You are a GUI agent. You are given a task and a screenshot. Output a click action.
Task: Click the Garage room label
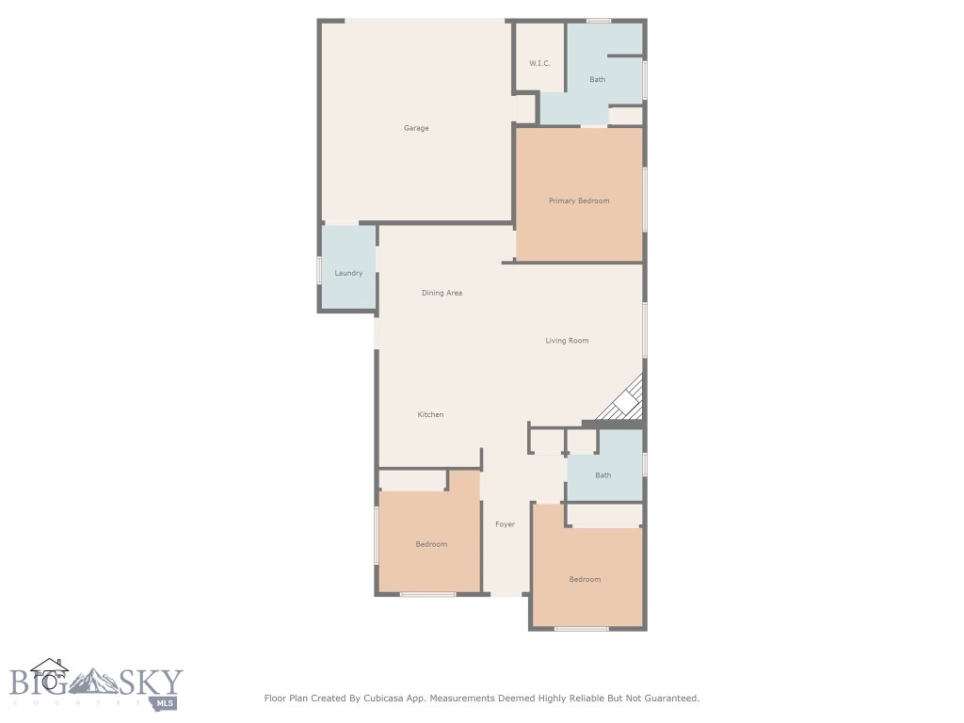416,128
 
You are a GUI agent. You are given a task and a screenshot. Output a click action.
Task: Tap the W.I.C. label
539,63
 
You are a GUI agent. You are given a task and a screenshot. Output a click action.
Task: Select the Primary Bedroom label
579,201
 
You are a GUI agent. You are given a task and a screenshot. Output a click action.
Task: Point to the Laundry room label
348,273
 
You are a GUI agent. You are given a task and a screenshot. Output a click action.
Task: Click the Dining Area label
442,293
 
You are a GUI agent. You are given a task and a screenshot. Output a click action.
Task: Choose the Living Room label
567,341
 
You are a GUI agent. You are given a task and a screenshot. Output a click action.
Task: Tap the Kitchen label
430,414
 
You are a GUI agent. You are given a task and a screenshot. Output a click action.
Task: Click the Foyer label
506,524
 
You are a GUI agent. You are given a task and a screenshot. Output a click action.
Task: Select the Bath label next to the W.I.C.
598,79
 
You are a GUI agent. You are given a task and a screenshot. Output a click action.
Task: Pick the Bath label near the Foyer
603,475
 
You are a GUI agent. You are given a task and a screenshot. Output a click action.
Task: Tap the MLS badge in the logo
165,702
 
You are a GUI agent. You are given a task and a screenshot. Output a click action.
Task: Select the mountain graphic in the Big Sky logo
93,682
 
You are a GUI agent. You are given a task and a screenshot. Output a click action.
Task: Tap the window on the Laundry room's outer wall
319,270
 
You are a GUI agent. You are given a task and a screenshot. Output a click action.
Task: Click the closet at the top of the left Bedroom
412,481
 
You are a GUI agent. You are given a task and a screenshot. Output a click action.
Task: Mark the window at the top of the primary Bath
598,21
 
